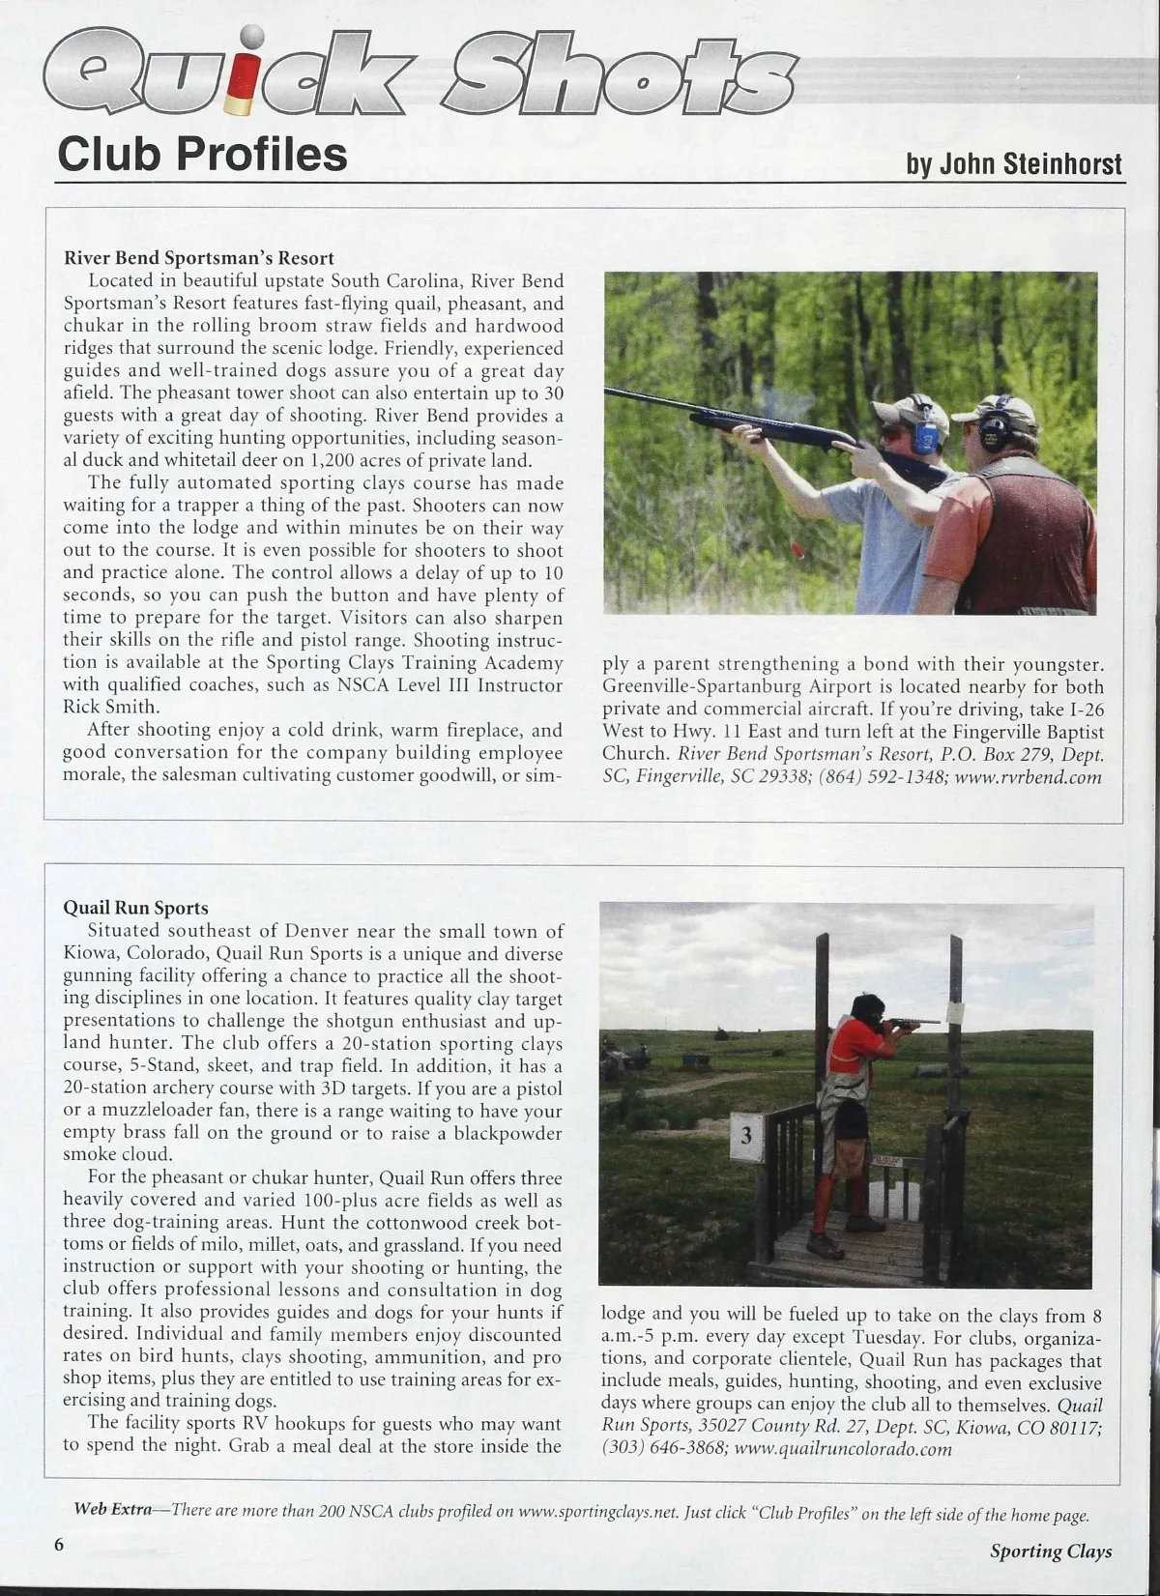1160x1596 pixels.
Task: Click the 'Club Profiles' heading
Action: click(x=202, y=154)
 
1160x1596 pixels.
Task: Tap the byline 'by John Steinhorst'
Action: click(x=1014, y=163)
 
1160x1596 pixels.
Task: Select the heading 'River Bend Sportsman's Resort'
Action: click(x=198, y=258)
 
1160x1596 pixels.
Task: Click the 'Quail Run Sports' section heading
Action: click(x=135, y=908)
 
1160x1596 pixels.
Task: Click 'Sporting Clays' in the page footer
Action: click(x=1050, y=1551)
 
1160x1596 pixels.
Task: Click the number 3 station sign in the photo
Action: click(x=745, y=1136)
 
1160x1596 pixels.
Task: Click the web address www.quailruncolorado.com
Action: click(x=843, y=1448)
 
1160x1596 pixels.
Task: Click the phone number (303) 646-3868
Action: click(x=663, y=1448)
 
